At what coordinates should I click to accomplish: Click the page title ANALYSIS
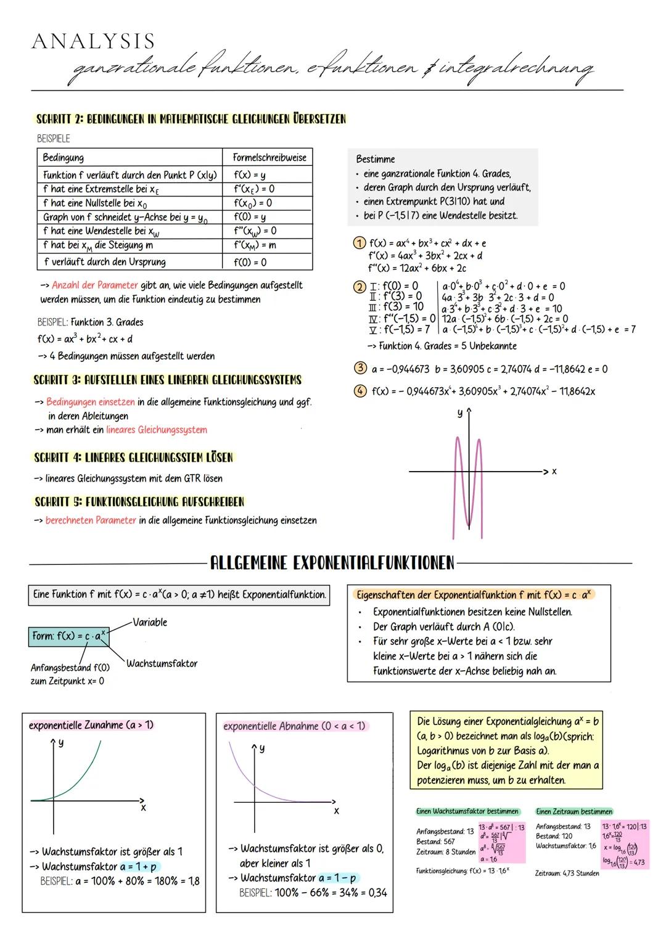point(94,41)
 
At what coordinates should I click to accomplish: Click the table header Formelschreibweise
point(269,158)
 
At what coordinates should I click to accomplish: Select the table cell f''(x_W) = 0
point(255,231)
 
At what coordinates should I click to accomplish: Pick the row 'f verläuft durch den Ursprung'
point(105,262)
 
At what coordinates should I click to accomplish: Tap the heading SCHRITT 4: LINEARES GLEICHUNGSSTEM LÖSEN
point(134,457)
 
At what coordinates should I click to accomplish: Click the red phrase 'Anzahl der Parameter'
point(95,285)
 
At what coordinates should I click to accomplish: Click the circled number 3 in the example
point(360,369)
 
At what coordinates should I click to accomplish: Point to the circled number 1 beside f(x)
point(359,244)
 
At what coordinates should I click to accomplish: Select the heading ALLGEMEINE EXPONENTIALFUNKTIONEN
point(332,563)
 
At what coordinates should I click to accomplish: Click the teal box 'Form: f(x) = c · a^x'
point(68,636)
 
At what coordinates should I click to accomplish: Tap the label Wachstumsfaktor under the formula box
point(162,663)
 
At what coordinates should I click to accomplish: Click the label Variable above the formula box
point(149,622)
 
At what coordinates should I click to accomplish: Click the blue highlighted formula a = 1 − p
point(337,878)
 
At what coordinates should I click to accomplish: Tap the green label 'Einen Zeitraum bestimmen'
point(574,811)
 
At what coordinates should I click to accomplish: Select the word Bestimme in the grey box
point(376,159)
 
